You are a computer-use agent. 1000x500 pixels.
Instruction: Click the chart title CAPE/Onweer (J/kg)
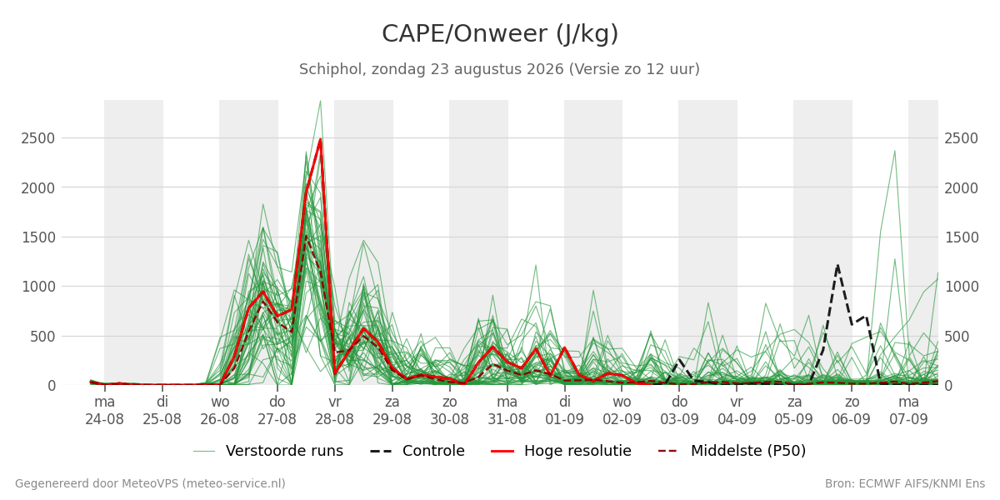(500, 34)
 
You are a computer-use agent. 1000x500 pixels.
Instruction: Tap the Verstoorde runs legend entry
(268, 451)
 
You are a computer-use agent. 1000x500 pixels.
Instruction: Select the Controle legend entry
(417, 451)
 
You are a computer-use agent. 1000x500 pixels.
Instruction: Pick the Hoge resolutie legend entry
(561, 451)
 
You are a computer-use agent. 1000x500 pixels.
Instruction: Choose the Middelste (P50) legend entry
(732, 451)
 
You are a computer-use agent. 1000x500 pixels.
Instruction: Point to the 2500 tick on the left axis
(38, 138)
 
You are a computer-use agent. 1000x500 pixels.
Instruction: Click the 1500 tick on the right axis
(962, 237)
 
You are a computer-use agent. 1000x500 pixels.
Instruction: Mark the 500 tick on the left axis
(42, 337)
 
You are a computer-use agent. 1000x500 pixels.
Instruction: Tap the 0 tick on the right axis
(948, 386)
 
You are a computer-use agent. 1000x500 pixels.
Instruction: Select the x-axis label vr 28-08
(334, 411)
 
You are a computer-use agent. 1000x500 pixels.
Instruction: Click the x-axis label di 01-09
(564, 411)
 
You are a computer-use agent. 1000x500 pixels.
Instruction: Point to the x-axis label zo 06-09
(852, 411)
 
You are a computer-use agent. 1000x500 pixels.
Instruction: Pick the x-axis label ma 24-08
(104, 411)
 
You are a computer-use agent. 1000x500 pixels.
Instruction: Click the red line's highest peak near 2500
(320, 140)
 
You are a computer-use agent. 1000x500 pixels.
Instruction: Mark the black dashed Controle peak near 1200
(837, 266)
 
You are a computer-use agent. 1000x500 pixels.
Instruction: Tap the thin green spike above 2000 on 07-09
(895, 151)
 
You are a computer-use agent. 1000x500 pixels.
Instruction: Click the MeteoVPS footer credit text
(150, 484)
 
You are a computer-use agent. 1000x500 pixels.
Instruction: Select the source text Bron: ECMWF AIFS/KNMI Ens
(905, 484)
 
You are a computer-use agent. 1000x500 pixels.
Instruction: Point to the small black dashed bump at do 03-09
(679, 360)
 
